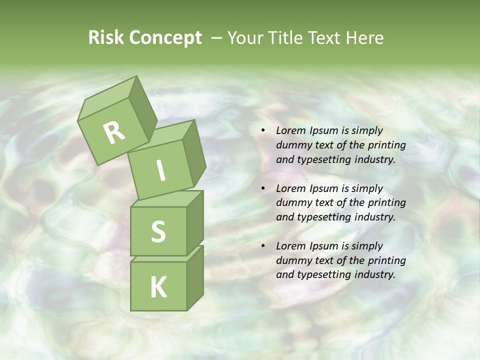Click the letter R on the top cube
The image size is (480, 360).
pos(114,132)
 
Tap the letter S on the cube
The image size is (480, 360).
pos(158,231)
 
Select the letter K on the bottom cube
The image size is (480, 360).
pos(158,287)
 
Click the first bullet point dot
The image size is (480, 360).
pos(263,131)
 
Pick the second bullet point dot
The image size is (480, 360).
pos(263,188)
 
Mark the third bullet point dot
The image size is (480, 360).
pos(263,246)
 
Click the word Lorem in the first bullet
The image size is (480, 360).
pos(290,131)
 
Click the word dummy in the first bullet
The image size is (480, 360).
pos(292,145)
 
